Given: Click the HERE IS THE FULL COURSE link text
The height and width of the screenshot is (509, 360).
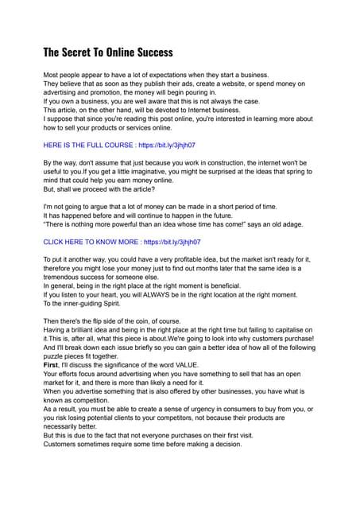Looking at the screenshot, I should tap(88, 145).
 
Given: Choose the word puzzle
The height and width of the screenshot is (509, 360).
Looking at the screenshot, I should tap(56, 356).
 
